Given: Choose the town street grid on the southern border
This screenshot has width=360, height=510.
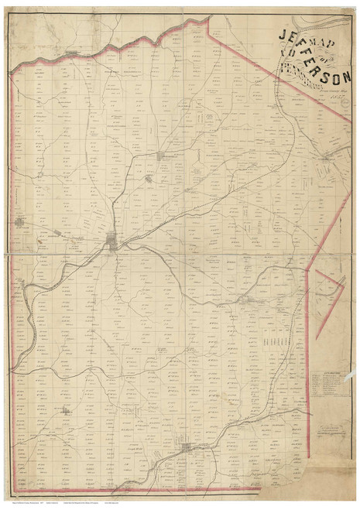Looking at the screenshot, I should pos(185,447).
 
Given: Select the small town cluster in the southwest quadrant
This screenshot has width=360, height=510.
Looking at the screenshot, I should pos(65,411).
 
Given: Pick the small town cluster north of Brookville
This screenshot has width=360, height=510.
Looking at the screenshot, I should pos(163,156).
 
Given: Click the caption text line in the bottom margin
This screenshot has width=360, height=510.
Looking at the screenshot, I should pos(77,502).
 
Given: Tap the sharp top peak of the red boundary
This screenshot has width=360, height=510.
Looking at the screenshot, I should pos(208,17).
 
